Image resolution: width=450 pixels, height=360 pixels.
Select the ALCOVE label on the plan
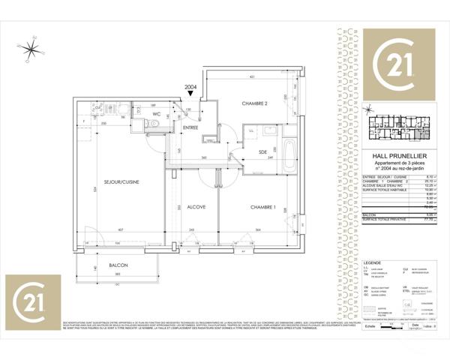196,206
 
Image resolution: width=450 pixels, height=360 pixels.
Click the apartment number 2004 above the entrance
190,86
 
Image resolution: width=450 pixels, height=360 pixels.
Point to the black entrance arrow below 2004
190,93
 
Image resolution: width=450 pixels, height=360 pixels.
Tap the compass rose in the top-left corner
33,49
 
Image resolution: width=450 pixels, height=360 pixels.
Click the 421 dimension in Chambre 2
253,78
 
